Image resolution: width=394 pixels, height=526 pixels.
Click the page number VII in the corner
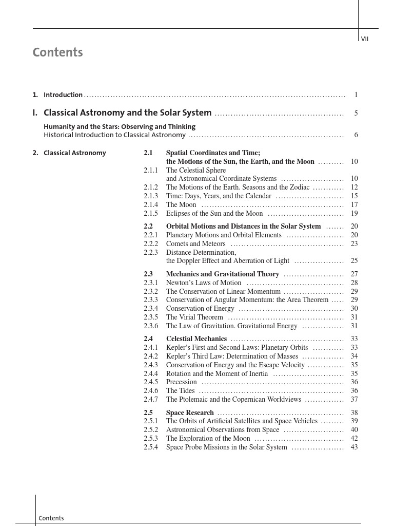[365, 39]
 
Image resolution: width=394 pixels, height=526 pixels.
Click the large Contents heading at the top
[57, 52]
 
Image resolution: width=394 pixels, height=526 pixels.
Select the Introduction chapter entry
[63, 95]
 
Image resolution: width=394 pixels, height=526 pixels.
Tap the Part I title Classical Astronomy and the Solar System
[127, 113]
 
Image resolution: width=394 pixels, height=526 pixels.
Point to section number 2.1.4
[151, 204]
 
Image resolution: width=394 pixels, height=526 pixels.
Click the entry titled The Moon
[181, 204]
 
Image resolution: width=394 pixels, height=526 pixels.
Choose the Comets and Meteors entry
[195, 244]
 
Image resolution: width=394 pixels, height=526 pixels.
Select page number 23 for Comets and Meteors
[354, 244]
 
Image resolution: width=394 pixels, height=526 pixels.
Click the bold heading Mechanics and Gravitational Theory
[223, 274]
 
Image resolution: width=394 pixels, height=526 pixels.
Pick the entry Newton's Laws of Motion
[204, 283]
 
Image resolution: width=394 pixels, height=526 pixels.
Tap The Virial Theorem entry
[194, 317]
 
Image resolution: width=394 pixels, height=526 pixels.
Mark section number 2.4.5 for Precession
[151, 382]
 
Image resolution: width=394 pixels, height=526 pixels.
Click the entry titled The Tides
[180, 391]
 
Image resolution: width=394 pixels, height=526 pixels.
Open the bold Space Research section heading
[190, 413]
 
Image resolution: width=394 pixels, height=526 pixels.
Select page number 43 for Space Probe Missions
[354, 447]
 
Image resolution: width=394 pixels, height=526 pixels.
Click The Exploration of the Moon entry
[208, 439]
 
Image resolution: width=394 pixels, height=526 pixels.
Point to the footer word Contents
[51, 518]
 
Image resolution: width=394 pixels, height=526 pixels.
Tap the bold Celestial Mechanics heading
[196, 339]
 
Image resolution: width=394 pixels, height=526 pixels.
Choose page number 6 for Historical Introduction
[356, 135]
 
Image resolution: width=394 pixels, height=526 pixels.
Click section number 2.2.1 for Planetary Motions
[151, 235]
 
